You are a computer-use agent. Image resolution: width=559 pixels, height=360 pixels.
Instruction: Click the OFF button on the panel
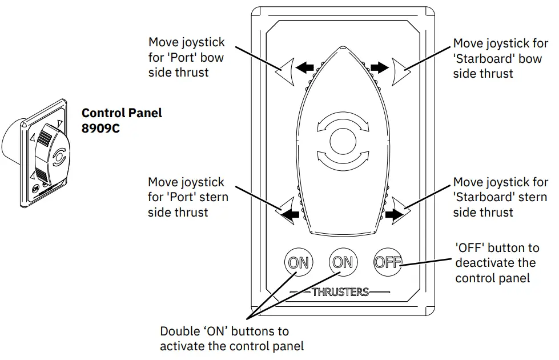click(x=388, y=262)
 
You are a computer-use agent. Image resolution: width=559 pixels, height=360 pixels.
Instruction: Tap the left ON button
click(x=297, y=262)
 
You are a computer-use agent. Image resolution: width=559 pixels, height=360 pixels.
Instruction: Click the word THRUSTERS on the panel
click(x=340, y=292)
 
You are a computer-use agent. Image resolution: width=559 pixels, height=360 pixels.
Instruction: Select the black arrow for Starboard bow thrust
click(x=379, y=68)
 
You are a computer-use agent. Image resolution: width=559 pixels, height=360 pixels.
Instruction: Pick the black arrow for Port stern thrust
click(x=291, y=215)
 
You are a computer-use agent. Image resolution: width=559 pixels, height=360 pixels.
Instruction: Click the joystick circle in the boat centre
click(x=342, y=141)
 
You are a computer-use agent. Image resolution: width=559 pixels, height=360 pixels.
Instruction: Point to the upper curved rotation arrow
click(x=342, y=121)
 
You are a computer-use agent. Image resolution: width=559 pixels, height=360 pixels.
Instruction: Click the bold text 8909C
click(x=100, y=127)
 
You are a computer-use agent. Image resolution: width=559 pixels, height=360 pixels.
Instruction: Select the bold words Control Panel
click(x=122, y=113)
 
